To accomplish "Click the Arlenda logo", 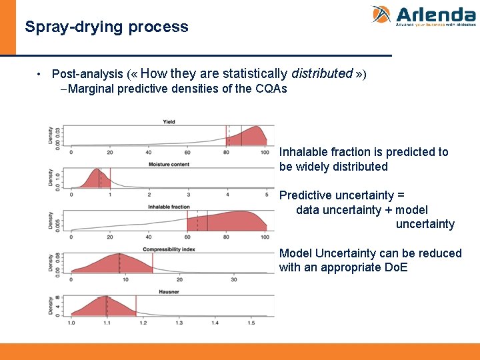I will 423,15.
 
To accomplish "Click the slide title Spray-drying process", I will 107,27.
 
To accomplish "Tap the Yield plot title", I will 169,121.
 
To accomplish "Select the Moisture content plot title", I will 169,164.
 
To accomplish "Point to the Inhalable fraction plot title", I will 169,207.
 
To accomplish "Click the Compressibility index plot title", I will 169,249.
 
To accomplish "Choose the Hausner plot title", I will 169,292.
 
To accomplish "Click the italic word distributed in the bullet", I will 322,73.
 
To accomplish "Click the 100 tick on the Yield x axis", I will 265,152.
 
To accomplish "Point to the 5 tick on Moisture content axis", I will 267,195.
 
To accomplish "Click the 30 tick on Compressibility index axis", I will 234,280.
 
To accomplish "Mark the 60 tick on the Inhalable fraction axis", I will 187,237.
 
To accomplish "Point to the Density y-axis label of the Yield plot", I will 51,136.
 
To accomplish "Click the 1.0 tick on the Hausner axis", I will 71,323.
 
